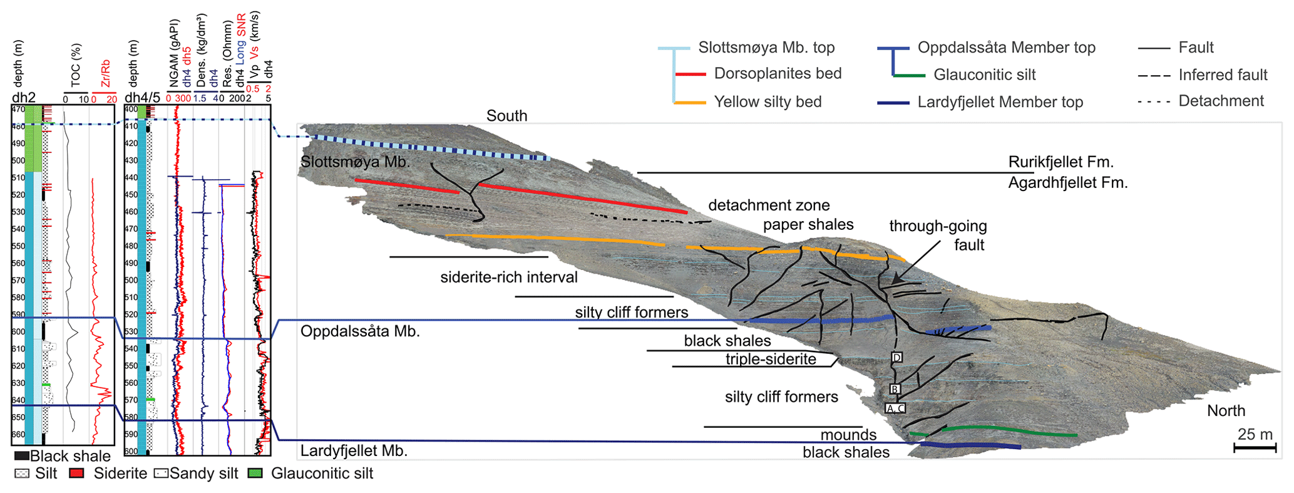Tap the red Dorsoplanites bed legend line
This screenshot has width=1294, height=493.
(x=691, y=75)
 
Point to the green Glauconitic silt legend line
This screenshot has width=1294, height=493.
(x=910, y=76)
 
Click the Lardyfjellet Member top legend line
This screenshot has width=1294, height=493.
(x=893, y=103)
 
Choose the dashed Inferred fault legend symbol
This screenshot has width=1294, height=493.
(x=1154, y=76)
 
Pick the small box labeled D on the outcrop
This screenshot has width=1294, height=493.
(x=896, y=358)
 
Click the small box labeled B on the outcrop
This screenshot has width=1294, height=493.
(x=895, y=390)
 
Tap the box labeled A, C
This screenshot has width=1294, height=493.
(x=895, y=408)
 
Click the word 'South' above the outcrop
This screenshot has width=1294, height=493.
(x=506, y=116)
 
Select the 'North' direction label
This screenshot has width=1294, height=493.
(x=1226, y=411)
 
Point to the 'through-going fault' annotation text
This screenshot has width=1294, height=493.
(x=938, y=235)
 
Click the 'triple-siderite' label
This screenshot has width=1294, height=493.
(x=771, y=359)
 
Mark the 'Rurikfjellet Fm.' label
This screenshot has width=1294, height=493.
(x=1061, y=162)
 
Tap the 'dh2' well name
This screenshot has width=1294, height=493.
(x=24, y=98)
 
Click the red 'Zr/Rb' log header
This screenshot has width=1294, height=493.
(x=105, y=74)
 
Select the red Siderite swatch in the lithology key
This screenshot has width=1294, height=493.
(x=76, y=474)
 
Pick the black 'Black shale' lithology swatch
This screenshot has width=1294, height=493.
(x=21, y=456)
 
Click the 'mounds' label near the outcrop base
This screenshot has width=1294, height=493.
(x=848, y=435)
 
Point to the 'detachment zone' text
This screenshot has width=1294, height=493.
(x=769, y=205)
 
